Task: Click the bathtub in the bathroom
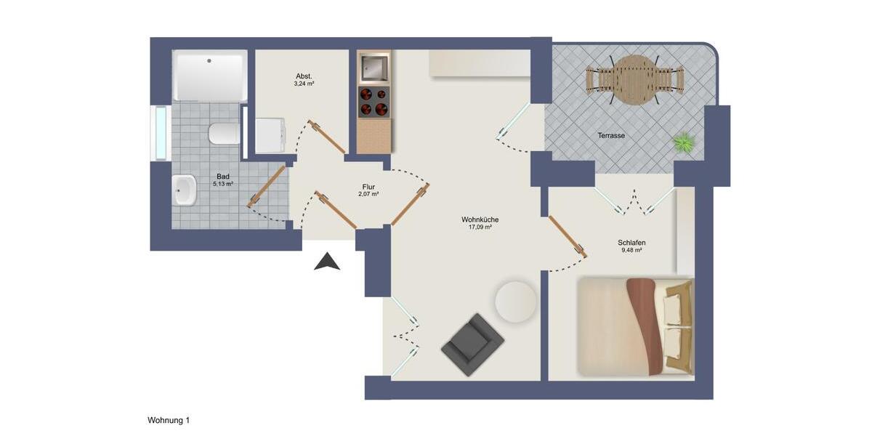point(209,76)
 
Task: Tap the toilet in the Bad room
point(222,134)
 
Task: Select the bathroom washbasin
point(185,192)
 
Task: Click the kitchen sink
point(374,68)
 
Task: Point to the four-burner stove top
point(374,102)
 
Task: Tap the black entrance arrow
point(327,262)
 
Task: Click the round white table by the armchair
point(515,300)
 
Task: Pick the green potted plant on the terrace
point(684,142)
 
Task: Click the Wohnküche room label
point(480,219)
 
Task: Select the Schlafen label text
point(631,243)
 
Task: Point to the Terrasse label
point(611,136)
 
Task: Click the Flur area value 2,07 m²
point(368,194)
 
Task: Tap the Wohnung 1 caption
point(169,420)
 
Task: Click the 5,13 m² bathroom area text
point(223,184)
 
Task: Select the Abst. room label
point(304,76)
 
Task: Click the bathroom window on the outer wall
point(159,132)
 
